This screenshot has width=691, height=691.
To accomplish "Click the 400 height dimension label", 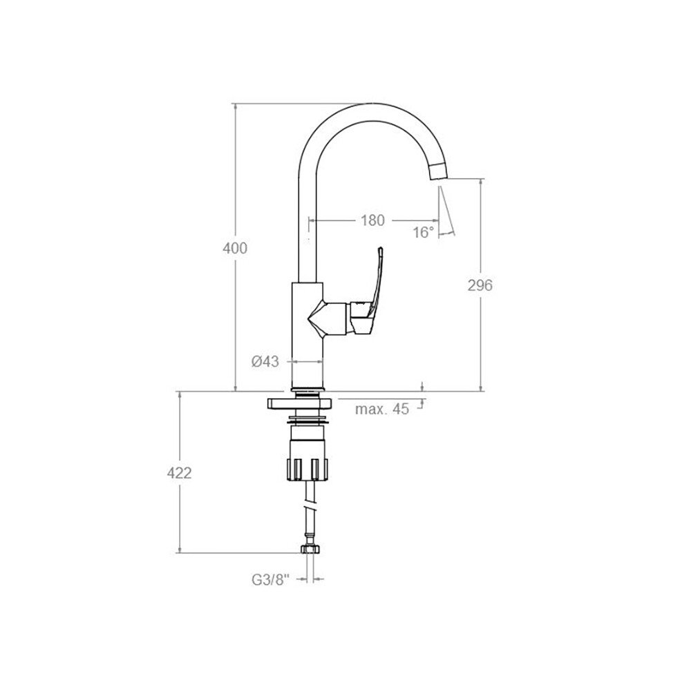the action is (235, 249).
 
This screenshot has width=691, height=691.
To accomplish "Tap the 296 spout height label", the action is (480, 285).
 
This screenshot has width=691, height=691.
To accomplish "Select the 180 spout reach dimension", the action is (373, 220).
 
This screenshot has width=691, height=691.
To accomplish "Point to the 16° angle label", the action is (424, 232).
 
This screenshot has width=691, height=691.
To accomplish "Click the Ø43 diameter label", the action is (265, 361).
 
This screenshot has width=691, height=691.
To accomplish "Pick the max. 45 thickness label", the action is (382, 409).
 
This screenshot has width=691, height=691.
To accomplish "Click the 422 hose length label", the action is (180, 473).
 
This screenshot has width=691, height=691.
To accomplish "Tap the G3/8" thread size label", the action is (270, 580).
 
